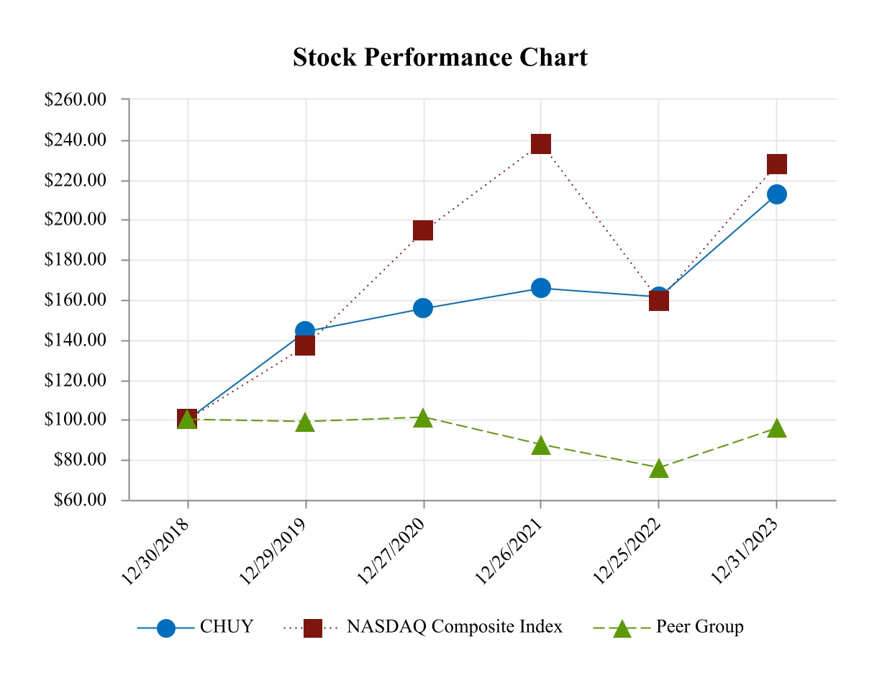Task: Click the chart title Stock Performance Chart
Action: (440, 58)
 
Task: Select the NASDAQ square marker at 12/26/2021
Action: (541, 144)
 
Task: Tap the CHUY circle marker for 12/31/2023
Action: (777, 194)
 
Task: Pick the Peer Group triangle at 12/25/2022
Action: (659, 469)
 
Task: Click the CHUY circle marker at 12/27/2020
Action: (423, 308)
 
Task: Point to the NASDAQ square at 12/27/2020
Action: (423, 230)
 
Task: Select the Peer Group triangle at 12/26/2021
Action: (541, 446)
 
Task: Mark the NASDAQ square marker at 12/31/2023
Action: (777, 164)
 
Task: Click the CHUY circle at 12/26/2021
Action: (541, 288)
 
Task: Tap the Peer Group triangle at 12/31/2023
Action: (777, 428)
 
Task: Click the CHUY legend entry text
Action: (227, 627)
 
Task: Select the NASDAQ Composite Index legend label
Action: (455, 627)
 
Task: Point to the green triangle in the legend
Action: (622, 628)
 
